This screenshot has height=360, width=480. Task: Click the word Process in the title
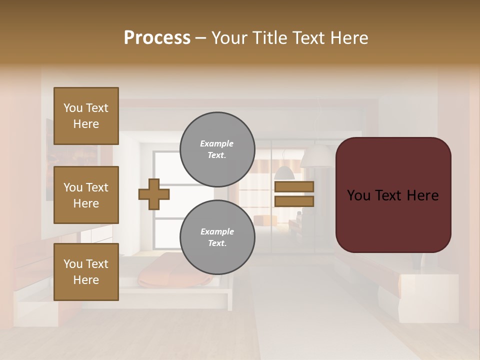[x=157, y=38]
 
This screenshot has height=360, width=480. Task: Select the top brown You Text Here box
[x=86, y=116]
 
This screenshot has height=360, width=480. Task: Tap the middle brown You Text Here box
[x=86, y=195]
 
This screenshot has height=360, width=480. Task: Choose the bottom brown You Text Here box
[x=86, y=272]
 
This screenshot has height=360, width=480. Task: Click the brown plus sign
[x=153, y=194]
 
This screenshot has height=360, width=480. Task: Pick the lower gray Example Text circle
[x=217, y=237]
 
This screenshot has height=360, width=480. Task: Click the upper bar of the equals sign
[x=294, y=186]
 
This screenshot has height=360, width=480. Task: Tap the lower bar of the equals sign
[x=294, y=201]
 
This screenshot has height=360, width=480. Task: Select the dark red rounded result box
[x=393, y=194]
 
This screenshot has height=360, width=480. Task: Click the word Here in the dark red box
[x=422, y=195]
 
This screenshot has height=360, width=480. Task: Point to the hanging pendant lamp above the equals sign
[x=284, y=173]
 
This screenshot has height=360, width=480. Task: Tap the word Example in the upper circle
[x=217, y=143]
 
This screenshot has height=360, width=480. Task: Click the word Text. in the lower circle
[x=217, y=243]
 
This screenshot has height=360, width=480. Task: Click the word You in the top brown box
[x=73, y=108]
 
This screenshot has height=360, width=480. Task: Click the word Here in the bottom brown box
[x=86, y=280]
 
